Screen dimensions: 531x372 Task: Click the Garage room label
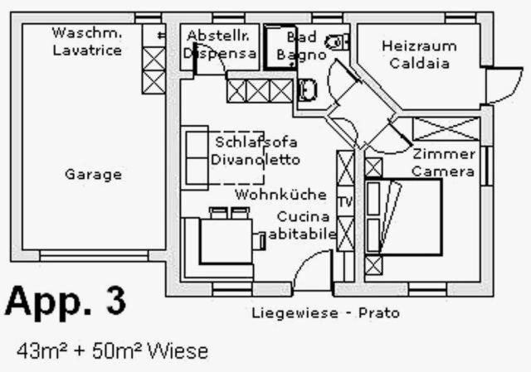click(93, 175)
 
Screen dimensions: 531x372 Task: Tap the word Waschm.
click(87, 33)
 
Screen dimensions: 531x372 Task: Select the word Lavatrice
click(87, 51)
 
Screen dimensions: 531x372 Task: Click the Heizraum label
click(419, 46)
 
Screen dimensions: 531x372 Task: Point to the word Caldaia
click(420, 63)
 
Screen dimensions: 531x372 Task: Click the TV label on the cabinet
click(345, 202)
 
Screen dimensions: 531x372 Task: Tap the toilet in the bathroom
click(337, 42)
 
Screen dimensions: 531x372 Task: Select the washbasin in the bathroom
click(308, 90)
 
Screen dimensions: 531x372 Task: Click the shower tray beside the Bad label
click(280, 47)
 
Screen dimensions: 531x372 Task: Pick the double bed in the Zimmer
click(403, 217)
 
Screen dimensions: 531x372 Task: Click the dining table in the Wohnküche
click(226, 241)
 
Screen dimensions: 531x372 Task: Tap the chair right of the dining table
click(260, 241)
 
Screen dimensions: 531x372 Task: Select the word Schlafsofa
click(256, 142)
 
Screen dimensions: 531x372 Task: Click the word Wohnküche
click(280, 195)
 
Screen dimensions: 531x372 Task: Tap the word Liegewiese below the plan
click(295, 313)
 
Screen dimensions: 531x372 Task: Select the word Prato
click(379, 313)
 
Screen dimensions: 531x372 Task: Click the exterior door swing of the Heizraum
click(505, 85)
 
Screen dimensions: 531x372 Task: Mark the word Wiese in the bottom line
click(178, 351)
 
